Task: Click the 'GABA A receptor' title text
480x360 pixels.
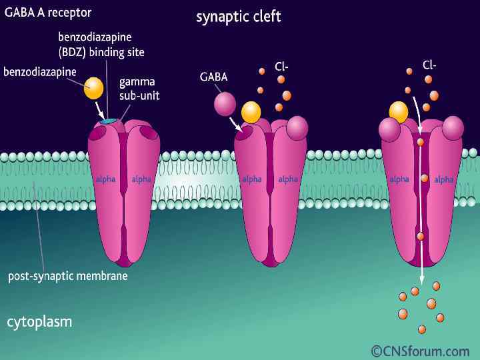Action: coord(48,13)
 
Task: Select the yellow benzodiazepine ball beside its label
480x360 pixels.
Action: coord(94,88)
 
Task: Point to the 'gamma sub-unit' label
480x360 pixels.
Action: coord(139,89)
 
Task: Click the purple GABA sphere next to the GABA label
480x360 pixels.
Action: coord(225,103)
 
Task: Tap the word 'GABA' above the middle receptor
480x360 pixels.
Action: coord(213,77)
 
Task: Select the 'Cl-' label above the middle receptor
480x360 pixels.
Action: coord(281,66)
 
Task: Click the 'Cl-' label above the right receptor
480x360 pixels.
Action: coord(429,65)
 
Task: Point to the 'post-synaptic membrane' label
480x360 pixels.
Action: coord(67,275)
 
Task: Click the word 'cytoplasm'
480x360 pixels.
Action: coord(39,322)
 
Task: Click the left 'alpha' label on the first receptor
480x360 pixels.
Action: coord(105,179)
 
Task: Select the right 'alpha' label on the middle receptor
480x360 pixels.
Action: coord(288,179)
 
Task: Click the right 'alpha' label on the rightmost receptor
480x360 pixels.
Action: coord(443,179)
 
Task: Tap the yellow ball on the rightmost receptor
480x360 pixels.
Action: coord(399,111)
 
